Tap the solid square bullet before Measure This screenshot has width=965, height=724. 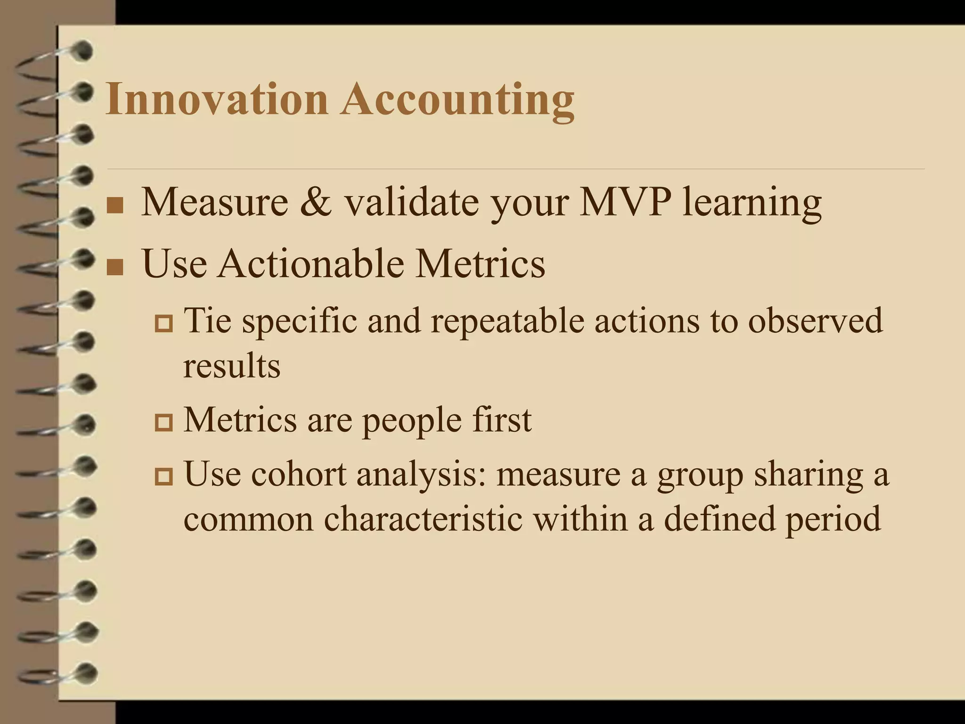[115, 206]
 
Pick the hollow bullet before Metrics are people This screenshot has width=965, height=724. [164, 423]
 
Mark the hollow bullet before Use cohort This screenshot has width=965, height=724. [164, 477]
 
